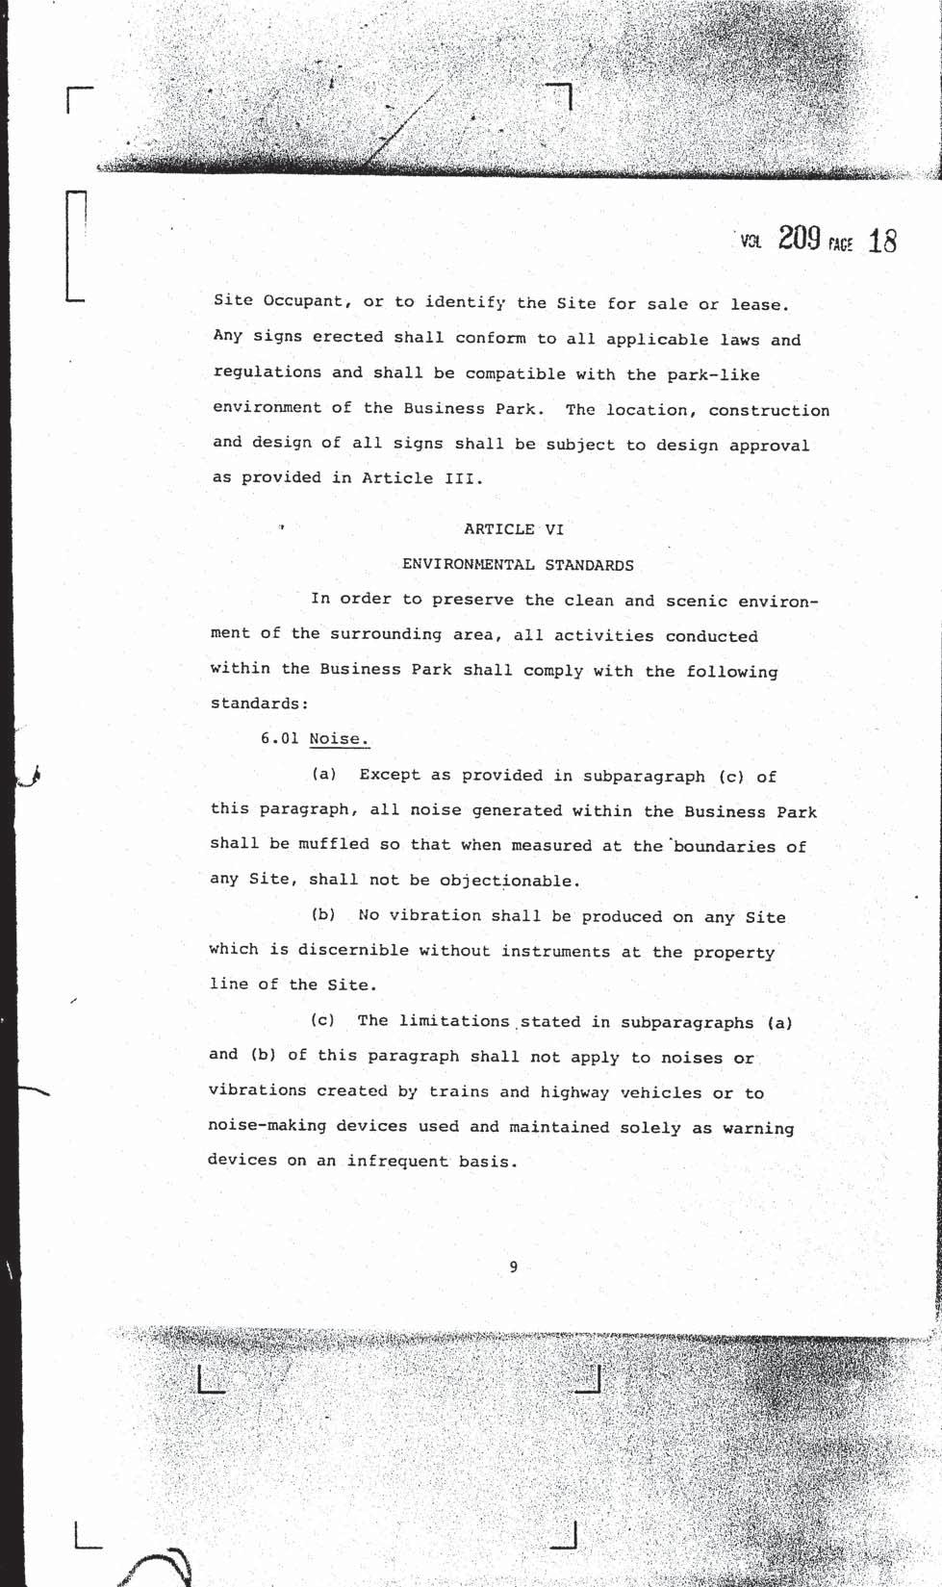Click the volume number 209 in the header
tap(799, 238)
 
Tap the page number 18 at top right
tap(882, 241)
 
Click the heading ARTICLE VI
tap(513, 528)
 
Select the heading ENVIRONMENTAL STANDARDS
tap(518, 565)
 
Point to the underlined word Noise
tap(339, 739)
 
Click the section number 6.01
tap(279, 738)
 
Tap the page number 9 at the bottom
tap(513, 1267)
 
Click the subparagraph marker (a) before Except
tap(323, 774)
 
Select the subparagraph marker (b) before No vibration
tap(323, 914)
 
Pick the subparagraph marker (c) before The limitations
tap(322, 1019)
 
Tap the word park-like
tap(713, 374)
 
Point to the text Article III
tap(420, 477)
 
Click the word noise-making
tap(267, 1125)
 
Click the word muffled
tap(333, 844)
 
